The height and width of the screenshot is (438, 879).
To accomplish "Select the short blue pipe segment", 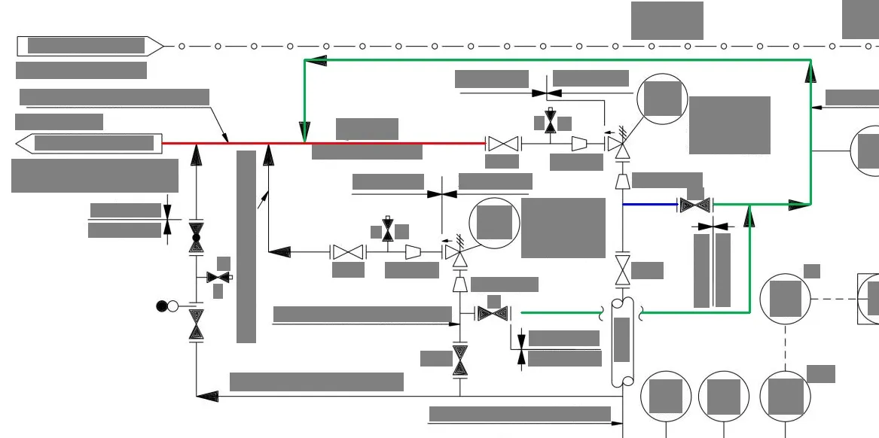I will (x=649, y=204).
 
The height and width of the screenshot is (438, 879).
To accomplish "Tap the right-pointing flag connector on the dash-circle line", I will (x=90, y=46).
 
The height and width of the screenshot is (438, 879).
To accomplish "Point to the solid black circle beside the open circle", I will (x=161, y=306).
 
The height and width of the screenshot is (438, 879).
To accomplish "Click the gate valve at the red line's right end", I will (x=502, y=143).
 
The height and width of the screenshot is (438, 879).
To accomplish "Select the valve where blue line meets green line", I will (x=694, y=204).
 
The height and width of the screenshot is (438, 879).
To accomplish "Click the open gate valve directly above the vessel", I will (x=623, y=269).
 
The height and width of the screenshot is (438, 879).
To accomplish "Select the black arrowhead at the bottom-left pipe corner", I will (x=207, y=397).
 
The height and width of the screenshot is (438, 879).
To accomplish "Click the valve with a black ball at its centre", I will (x=197, y=237).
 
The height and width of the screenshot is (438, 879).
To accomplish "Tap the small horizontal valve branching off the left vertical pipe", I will (x=218, y=277).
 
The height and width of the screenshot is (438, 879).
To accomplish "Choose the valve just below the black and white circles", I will (x=197, y=324).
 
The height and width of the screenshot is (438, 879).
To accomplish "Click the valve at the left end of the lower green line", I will (x=493, y=312).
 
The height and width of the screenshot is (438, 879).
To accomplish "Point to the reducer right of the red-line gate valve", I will (x=579, y=143).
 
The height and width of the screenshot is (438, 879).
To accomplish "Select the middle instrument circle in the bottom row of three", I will (x=724, y=397).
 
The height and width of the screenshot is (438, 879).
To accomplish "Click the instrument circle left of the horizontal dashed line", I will (x=785, y=299).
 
